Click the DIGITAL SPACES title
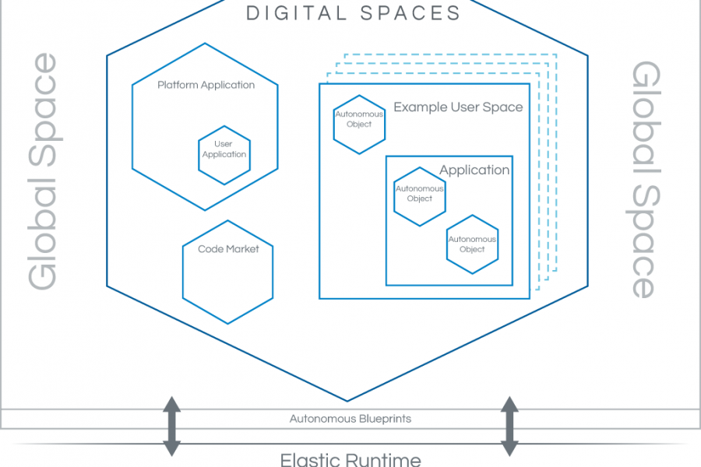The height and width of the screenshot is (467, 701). [x=353, y=13]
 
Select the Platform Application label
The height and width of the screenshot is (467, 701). [x=206, y=85]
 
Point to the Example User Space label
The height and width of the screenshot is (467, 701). [x=458, y=107]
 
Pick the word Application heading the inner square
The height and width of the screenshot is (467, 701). [x=474, y=170]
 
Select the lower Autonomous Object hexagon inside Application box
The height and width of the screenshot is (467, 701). [x=472, y=244]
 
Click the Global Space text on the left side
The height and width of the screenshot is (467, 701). [x=43, y=171]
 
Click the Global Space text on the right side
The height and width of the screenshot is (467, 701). [x=643, y=179]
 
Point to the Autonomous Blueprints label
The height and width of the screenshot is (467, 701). [x=350, y=419]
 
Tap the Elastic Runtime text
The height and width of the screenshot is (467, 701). [x=350, y=458]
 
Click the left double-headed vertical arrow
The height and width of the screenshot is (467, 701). [x=171, y=426]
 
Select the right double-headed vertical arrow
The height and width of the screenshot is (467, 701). [x=509, y=426]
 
